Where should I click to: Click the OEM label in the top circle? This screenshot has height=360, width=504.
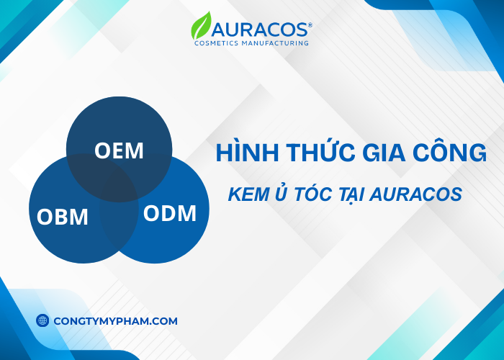coord(119,151)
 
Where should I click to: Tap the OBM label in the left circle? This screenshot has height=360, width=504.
coord(63,215)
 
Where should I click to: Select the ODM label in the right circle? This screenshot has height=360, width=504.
coord(169,213)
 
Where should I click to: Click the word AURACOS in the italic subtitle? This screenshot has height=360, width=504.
coord(418,194)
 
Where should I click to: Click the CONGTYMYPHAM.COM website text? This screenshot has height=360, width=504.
coord(115,321)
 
